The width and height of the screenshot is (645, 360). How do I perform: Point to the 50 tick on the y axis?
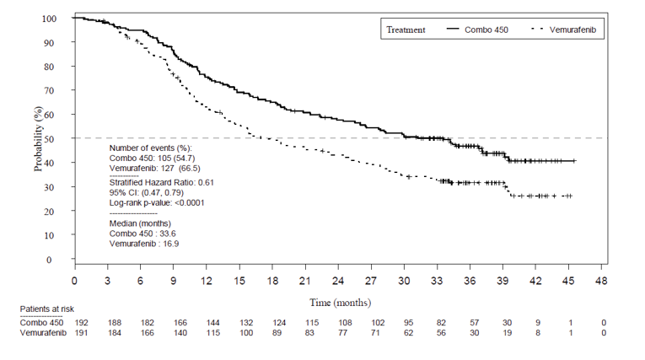point(59,138)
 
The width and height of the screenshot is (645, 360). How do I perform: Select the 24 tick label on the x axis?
point(338,280)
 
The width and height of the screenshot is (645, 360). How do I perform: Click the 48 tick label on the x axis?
point(601,280)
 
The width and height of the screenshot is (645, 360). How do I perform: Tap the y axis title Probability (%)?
point(38,138)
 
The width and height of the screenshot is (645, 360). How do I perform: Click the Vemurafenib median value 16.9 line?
point(144,244)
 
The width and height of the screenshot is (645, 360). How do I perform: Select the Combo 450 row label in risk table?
point(43,322)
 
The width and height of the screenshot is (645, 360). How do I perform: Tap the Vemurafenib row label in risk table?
point(43,332)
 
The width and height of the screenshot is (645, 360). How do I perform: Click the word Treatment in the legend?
point(406,30)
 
